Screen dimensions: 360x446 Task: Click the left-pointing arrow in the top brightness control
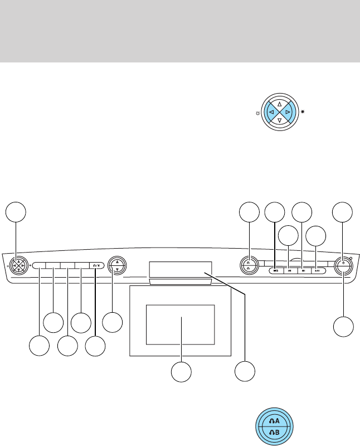270,112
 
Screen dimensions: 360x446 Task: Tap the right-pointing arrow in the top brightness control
288,112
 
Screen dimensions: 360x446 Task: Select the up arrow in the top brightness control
279,104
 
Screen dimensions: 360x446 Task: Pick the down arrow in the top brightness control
279,121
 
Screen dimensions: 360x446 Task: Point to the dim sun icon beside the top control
257,113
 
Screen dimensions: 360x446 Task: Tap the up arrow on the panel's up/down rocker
116,261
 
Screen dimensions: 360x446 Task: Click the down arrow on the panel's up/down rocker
116,269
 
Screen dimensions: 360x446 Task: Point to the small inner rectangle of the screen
180,324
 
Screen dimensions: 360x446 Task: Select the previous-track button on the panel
289,270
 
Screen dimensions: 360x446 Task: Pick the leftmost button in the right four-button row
275,270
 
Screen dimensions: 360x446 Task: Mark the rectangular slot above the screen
181,269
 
